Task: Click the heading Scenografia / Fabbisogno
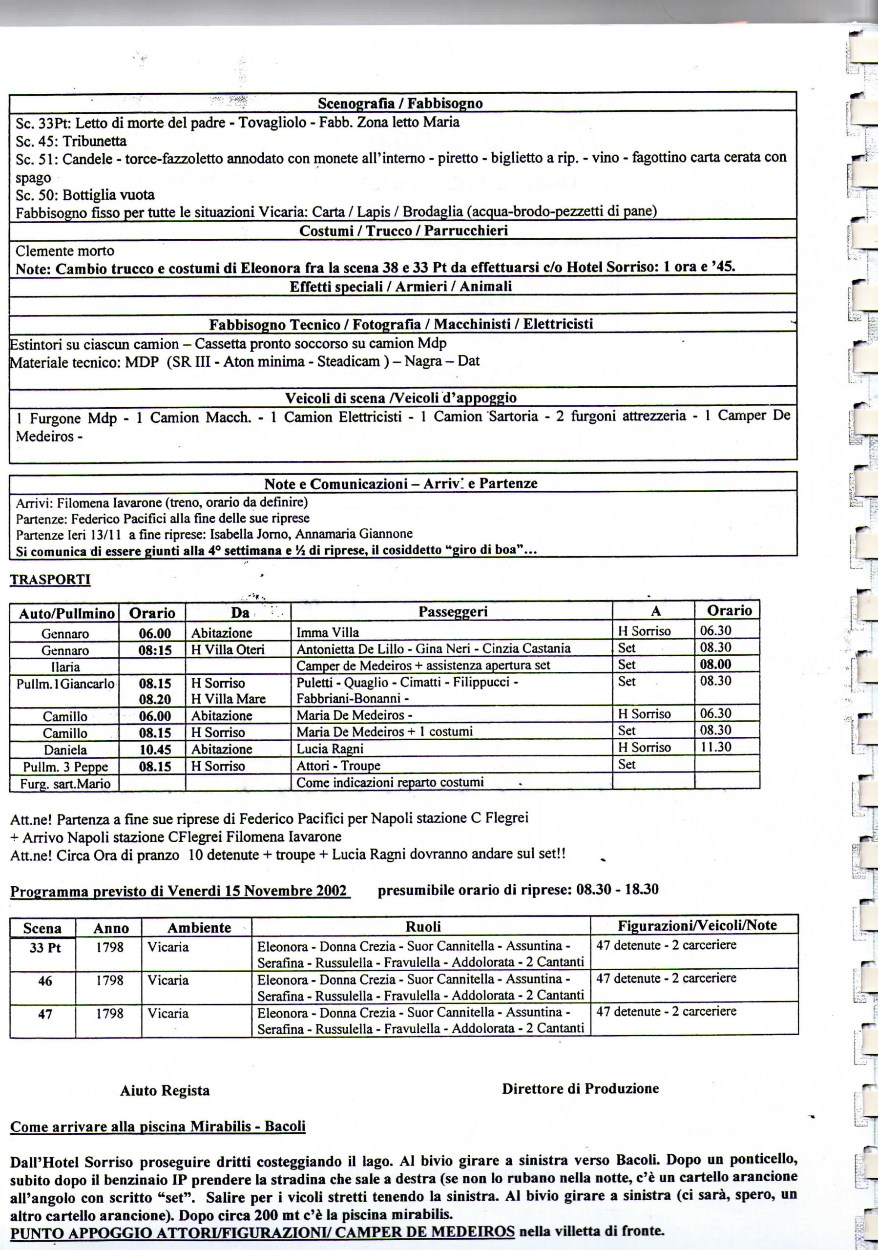click(400, 103)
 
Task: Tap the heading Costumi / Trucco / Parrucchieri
click(403, 230)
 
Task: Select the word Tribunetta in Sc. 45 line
click(95, 141)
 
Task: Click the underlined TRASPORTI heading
click(50, 579)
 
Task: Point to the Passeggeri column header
click(452, 611)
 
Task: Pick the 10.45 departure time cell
click(155, 749)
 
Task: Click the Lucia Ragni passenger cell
click(330, 749)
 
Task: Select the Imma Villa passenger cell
click(328, 633)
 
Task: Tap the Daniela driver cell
click(65, 750)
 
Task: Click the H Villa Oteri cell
click(228, 649)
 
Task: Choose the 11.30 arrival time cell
click(715, 747)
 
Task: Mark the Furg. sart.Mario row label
click(65, 784)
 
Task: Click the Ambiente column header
click(199, 928)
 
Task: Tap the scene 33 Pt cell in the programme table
click(45, 948)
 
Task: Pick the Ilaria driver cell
click(65, 667)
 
